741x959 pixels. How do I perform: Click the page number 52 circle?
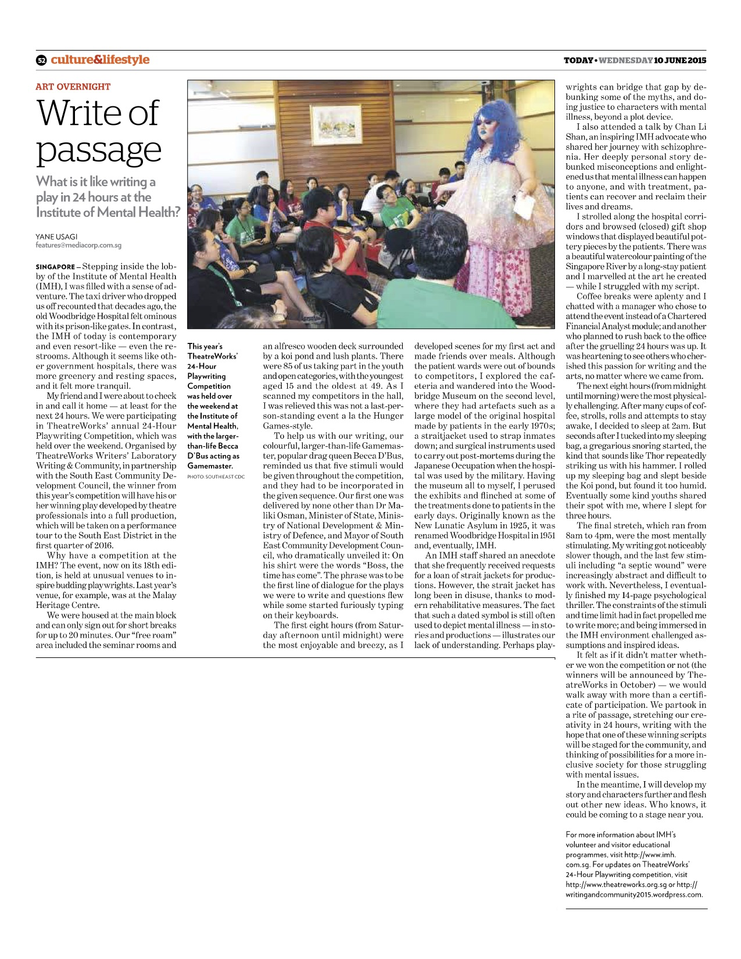41,60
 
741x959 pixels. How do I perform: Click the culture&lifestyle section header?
99,59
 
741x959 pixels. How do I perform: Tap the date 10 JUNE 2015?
680,60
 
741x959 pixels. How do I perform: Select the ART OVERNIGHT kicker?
73,87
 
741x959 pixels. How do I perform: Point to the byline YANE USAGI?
56,237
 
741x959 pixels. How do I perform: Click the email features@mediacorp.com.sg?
78,245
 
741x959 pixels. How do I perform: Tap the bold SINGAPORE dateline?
55,267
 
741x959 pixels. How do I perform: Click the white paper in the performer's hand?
524,206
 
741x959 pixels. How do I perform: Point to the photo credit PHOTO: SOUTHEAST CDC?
216,477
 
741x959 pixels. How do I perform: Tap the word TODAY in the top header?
578,60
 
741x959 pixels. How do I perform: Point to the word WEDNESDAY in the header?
625,60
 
